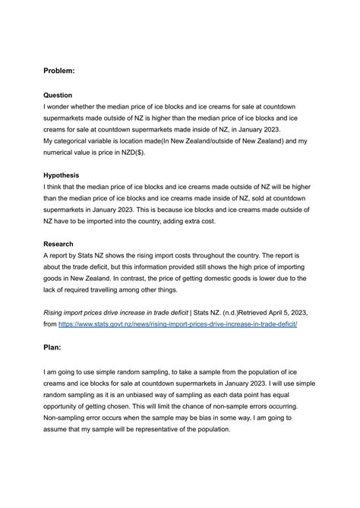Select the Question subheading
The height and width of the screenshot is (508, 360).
coord(58,96)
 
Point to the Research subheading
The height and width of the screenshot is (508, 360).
coord(59,244)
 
